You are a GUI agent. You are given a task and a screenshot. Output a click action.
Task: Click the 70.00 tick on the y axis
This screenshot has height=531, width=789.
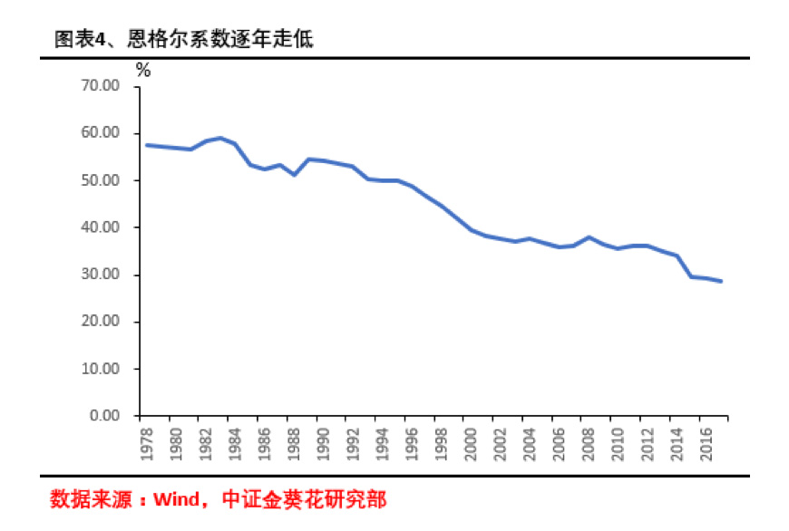tap(101, 86)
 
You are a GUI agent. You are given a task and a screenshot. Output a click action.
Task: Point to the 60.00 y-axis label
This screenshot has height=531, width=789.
tap(101, 133)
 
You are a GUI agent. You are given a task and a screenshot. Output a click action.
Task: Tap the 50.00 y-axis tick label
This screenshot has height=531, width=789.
tap(101, 180)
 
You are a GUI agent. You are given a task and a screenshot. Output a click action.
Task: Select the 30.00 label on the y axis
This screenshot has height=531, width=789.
tap(101, 275)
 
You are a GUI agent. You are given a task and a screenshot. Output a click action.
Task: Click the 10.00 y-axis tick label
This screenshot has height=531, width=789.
tap(101, 369)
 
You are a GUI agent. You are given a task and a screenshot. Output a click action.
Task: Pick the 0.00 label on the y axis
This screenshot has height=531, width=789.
tap(104, 416)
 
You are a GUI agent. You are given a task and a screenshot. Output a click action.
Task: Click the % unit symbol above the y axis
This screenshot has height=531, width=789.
tap(142, 70)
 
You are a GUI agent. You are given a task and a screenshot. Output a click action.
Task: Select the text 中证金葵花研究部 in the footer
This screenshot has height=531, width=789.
tap(302, 499)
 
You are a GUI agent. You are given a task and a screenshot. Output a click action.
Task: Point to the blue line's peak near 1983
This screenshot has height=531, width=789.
tap(219, 138)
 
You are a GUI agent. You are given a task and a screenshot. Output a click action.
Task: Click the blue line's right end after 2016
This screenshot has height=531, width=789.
tap(721, 281)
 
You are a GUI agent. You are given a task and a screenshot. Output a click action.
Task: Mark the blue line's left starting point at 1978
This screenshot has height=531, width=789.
tap(147, 145)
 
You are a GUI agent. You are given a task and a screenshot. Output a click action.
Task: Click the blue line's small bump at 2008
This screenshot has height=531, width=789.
tap(589, 237)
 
